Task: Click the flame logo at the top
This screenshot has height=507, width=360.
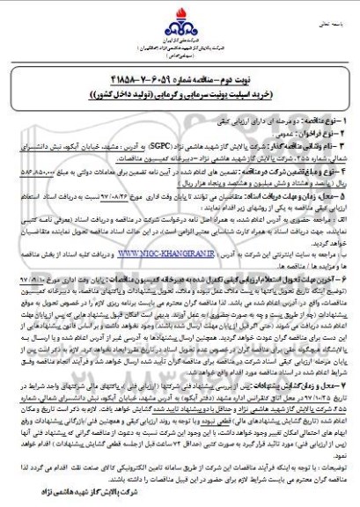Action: [x=179, y=19]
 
